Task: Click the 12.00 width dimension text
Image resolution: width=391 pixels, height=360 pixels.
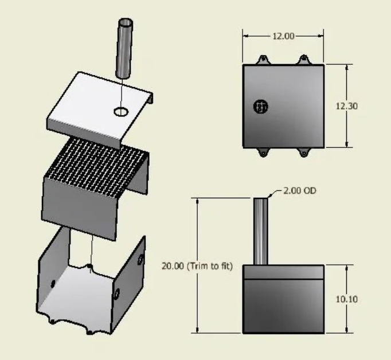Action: point(283,36)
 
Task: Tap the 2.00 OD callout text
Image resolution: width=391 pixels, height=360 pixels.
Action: point(297,191)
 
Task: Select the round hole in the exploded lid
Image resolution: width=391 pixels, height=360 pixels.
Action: point(122,112)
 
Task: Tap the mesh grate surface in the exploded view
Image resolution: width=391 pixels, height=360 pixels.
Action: point(97,163)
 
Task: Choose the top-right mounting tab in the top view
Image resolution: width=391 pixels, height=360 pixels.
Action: point(303,60)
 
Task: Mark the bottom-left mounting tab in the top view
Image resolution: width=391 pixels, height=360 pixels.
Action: point(262,152)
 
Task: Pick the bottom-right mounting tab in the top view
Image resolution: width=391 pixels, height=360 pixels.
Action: point(303,152)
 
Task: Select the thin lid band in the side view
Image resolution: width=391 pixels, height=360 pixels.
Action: point(283,272)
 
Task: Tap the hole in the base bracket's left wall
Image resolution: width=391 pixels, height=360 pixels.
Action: point(53,284)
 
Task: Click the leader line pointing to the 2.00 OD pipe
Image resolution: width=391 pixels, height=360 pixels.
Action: point(274,193)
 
